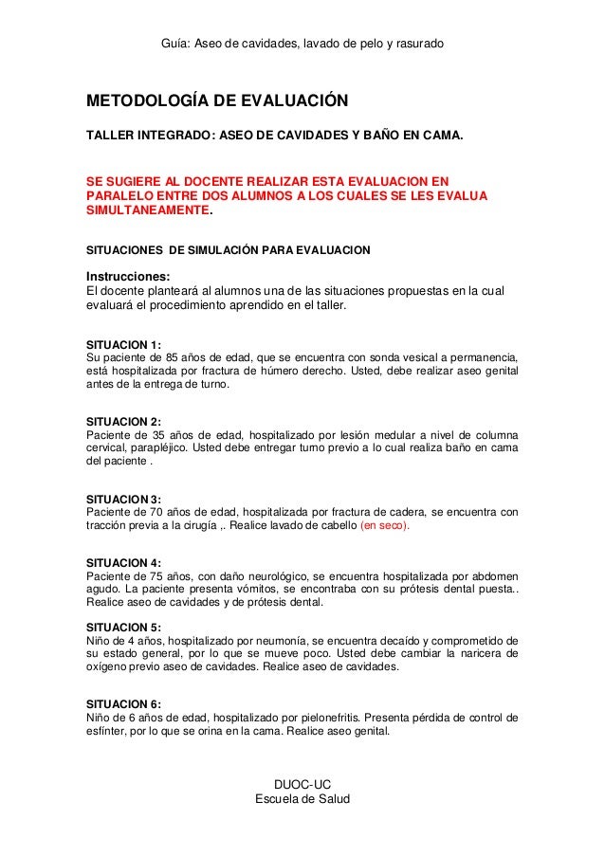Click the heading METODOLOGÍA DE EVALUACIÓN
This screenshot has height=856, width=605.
[x=217, y=100]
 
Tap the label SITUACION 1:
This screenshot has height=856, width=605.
[x=124, y=343]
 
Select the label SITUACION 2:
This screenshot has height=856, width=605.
[x=124, y=421]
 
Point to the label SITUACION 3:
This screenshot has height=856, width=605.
[x=124, y=499]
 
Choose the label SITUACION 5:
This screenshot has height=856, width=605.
[x=124, y=627]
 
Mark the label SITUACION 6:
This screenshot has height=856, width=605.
[x=124, y=703]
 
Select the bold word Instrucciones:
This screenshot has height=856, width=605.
[x=130, y=277]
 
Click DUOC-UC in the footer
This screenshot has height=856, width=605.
[x=302, y=784]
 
